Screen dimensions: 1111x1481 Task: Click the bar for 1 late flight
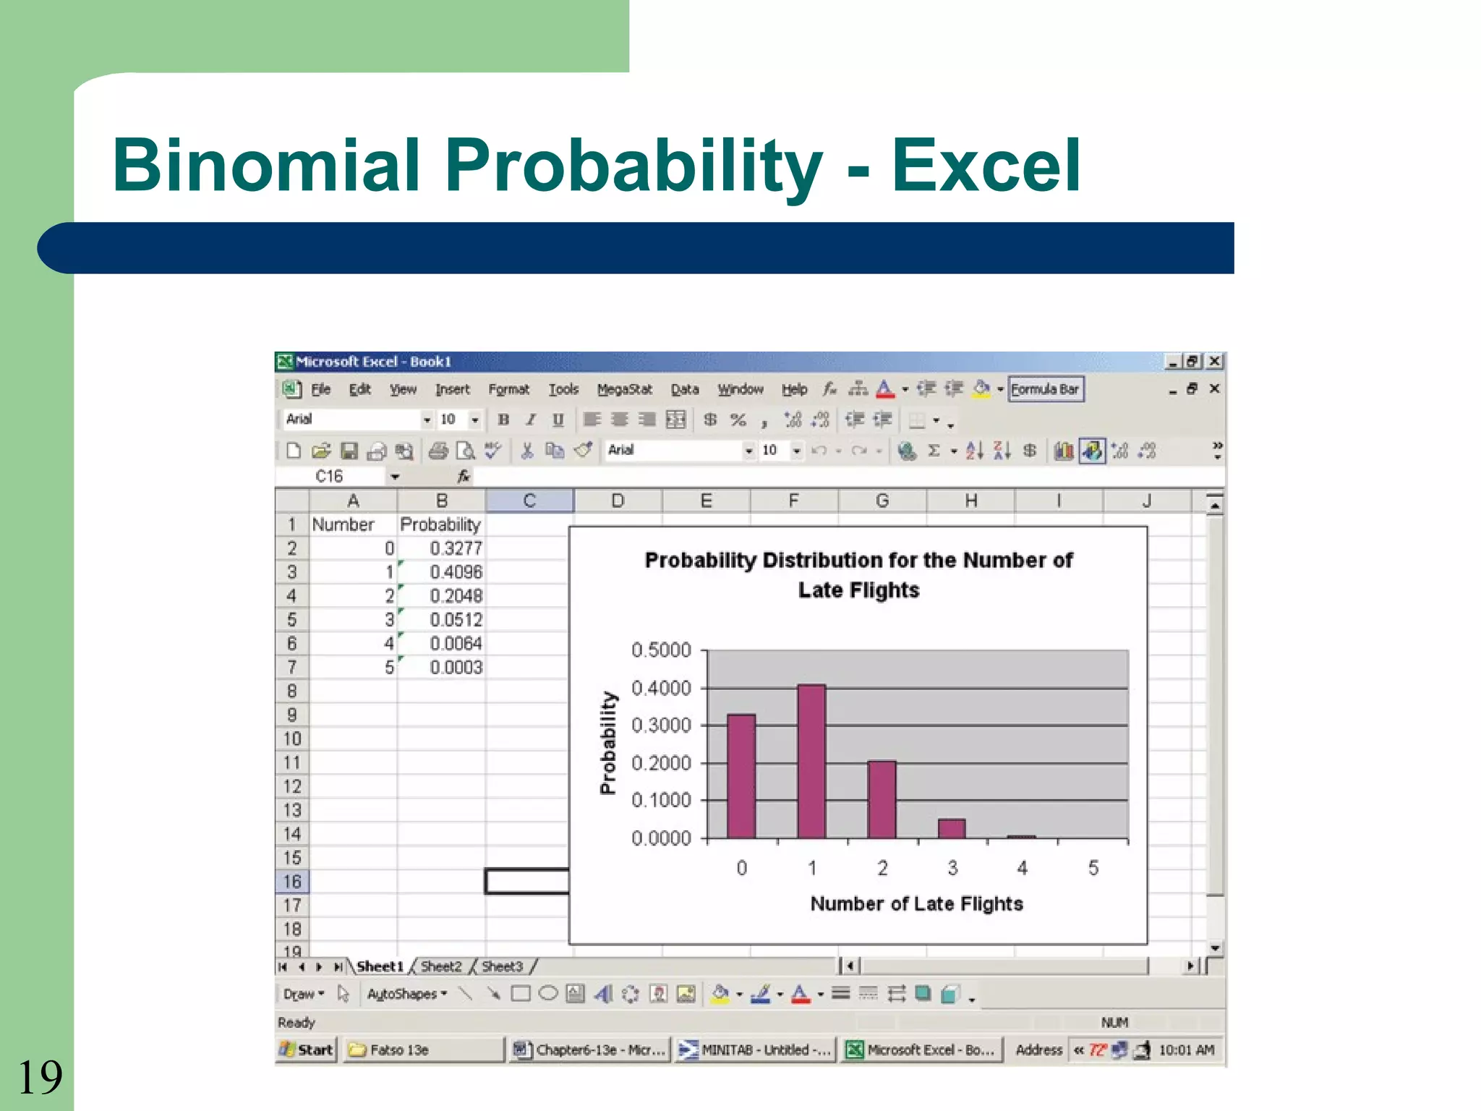pyautogui.click(x=811, y=761)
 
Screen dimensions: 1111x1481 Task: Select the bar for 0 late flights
pyautogui.click(x=741, y=776)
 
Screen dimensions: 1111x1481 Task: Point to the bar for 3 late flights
pyautogui.click(x=952, y=828)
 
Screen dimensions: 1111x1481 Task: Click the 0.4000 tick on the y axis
pyautogui.click(x=661, y=688)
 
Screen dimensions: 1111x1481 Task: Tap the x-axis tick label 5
pyautogui.click(x=1093, y=867)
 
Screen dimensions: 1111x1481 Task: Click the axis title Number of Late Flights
pyautogui.click(x=916, y=903)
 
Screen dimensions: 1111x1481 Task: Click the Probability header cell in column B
pyautogui.click(x=440, y=524)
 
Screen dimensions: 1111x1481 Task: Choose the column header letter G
pyautogui.click(x=882, y=501)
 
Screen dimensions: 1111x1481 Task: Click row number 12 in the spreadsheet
pyautogui.click(x=291, y=786)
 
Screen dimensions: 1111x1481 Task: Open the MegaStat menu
pyautogui.click(x=624, y=389)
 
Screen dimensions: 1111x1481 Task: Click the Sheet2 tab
pyautogui.click(x=440, y=966)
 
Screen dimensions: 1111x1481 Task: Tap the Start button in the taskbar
pyautogui.click(x=307, y=1050)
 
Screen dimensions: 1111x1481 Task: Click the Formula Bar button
pyautogui.click(x=1045, y=389)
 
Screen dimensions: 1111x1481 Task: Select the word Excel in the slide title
pyautogui.click(x=986, y=166)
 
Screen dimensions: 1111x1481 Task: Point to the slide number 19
pyautogui.click(x=40, y=1077)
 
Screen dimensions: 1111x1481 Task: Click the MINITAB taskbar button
pyautogui.click(x=756, y=1050)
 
